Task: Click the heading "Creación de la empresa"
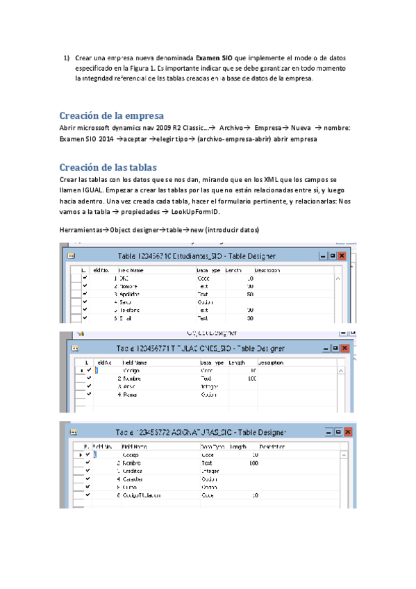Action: (x=111, y=115)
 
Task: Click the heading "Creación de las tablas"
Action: (x=108, y=167)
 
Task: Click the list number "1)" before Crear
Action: (x=67, y=58)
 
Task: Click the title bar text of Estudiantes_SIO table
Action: (x=197, y=256)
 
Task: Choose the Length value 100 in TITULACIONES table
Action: (x=251, y=379)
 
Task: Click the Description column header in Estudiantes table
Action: (x=268, y=269)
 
